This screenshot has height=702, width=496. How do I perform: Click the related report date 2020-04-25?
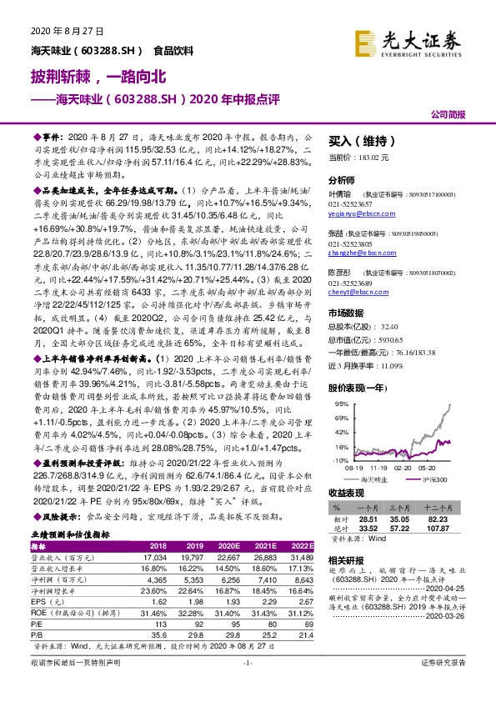point(453,584)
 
